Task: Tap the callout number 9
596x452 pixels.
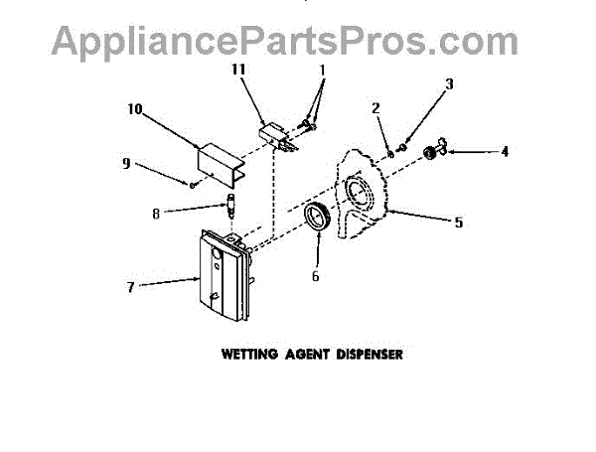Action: [125, 164]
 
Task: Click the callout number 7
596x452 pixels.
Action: [129, 286]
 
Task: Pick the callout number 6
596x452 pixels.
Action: [315, 277]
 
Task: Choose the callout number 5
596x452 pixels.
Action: [458, 223]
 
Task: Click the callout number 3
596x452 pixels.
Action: [449, 84]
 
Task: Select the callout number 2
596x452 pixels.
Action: [376, 107]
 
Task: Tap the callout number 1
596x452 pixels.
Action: [321, 72]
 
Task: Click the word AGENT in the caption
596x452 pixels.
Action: [304, 353]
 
